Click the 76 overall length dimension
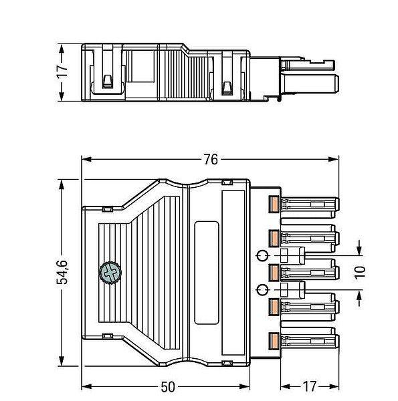point(211,159)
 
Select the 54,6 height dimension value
point(62,273)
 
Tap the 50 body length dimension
point(168,387)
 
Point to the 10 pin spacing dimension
point(360,272)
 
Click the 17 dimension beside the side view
point(62,72)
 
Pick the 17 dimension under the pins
point(310,387)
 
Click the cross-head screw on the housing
point(110,273)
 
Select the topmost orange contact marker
point(274,204)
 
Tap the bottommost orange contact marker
point(274,340)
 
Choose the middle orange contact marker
point(274,272)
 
